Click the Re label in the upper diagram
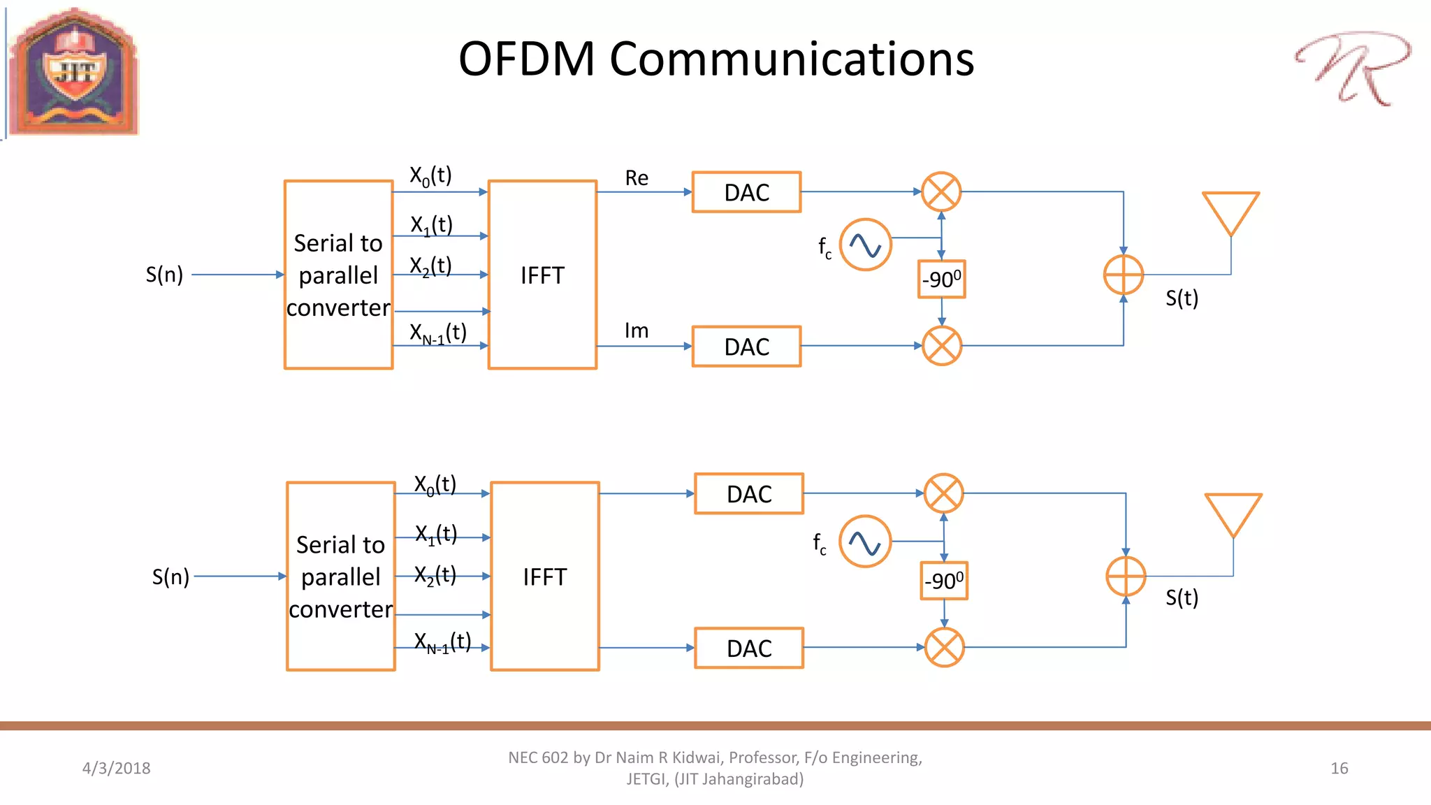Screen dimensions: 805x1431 [x=637, y=178]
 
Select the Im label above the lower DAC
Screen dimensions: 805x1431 [x=637, y=331]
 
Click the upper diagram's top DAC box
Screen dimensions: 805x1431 [x=746, y=192]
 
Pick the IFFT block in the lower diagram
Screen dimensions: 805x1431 [x=545, y=576]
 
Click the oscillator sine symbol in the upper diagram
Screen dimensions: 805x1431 [x=865, y=245]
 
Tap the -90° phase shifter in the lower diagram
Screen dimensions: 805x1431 [x=943, y=581]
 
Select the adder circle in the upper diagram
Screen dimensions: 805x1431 [x=1123, y=275]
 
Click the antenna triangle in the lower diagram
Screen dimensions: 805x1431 [x=1233, y=514]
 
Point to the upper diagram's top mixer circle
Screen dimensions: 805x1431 [x=941, y=191]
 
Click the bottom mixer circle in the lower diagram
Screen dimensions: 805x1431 [x=944, y=648]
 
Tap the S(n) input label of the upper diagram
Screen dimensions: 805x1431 [x=164, y=275]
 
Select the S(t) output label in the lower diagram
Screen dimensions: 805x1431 [x=1182, y=597]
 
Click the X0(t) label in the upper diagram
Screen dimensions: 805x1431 [x=430, y=175]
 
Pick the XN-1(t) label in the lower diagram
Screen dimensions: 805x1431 [x=442, y=641]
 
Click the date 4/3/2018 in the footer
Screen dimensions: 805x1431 [x=116, y=768]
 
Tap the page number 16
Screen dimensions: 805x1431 [x=1339, y=768]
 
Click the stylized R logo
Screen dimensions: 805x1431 [x=1353, y=68]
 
